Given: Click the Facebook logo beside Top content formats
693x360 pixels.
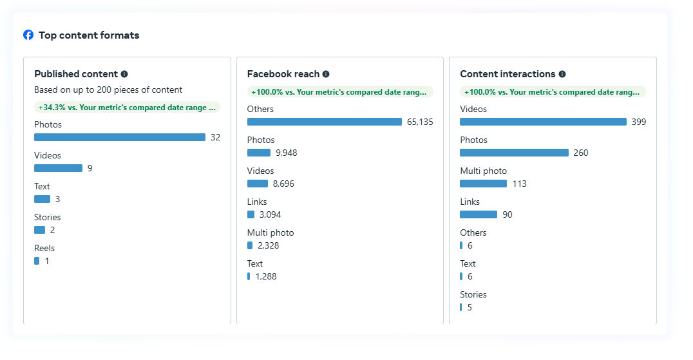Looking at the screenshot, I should [28, 35].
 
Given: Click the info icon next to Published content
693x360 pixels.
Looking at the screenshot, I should [124, 74].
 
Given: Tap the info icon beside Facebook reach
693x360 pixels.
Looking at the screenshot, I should [326, 74].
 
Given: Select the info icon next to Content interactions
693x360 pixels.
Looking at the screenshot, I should [562, 74].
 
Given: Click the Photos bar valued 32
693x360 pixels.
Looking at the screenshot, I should [120, 137].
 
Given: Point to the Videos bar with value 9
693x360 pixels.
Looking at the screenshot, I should [58, 168].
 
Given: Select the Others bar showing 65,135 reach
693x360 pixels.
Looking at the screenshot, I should [324, 122].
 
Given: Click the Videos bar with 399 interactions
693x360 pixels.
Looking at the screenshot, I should [543, 122].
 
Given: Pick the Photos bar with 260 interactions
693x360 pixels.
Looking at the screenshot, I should [514, 153].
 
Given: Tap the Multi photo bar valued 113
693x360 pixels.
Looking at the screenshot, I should [483, 184].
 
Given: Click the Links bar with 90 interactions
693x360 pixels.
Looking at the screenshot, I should [479, 214].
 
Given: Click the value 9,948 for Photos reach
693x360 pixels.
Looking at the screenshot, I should [287, 153].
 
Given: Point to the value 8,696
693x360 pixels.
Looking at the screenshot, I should [284, 184].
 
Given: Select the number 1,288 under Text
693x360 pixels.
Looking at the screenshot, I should [266, 276].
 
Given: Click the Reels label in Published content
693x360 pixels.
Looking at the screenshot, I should [44, 248].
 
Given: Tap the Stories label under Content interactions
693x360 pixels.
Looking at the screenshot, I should [473, 294].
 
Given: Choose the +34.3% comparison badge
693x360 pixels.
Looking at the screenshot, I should [127, 108].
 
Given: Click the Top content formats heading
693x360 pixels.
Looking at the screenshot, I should [89, 35].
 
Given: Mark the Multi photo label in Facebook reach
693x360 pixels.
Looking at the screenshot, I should [271, 232].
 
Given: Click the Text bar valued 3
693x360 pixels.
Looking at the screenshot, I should [42, 199].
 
